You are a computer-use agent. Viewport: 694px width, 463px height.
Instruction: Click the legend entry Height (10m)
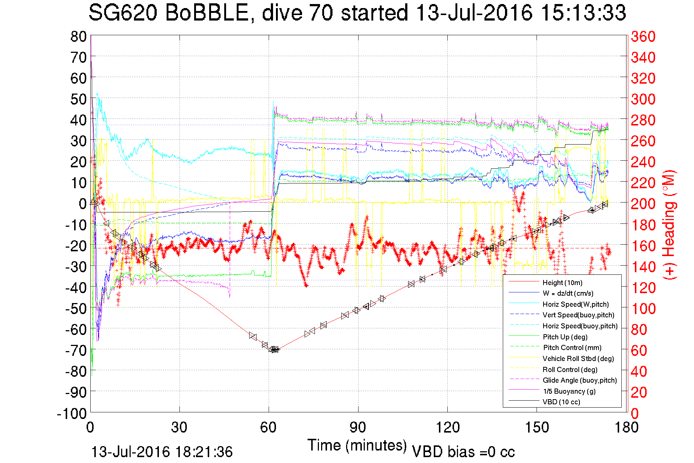[562, 282]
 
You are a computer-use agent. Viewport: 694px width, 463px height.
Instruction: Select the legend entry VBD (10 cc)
[561, 402]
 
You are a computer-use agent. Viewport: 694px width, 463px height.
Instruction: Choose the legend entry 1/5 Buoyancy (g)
[569, 391]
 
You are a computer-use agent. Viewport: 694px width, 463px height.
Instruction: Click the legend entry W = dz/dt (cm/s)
[568, 293]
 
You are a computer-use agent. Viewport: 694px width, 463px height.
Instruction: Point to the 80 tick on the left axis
[79, 36]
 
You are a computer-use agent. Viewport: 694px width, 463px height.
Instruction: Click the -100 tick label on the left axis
[72, 413]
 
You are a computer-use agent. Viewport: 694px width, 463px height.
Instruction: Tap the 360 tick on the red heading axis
[643, 36]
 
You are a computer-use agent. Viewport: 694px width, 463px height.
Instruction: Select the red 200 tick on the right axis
[643, 204]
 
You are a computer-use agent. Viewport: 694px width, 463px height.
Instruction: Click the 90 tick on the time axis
[358, 427]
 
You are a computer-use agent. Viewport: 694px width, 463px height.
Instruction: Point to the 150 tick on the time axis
[537, 427]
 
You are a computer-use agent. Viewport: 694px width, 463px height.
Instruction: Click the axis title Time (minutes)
[357, 445]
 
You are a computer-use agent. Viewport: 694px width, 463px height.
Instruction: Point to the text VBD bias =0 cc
[463, 452]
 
